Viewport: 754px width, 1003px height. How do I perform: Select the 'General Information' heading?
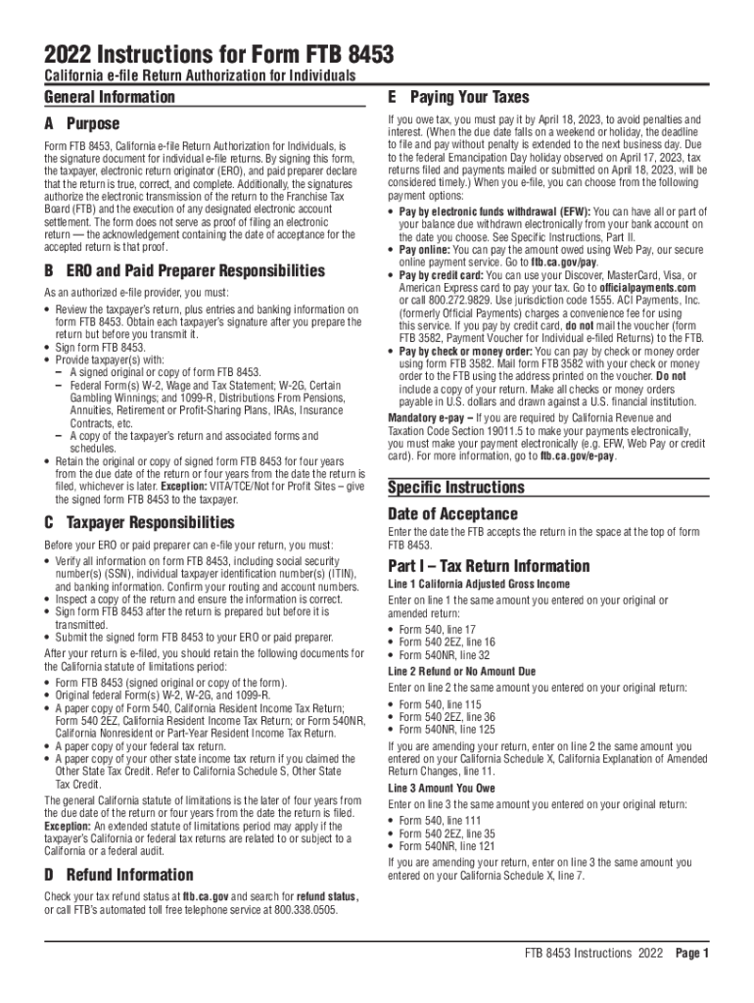pyautogui.click(x=109, y=97)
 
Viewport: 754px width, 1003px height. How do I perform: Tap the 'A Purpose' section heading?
pyautogui.click(x=81, y=124)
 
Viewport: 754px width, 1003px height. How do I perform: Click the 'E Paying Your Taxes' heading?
pyautogui.click(x=458, y=97)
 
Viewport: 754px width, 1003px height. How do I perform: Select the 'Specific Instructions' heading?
pyautogui.click(x=456, y=488)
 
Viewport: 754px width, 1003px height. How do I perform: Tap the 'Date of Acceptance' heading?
pyautogui.click(x=452, y=514)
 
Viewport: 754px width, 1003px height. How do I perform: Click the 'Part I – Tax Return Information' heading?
pyautogui.click(x=489, y=566)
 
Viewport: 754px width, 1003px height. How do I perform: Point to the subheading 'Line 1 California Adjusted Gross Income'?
pyautogui.click(x=479, y=584)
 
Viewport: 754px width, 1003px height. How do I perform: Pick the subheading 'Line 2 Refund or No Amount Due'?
pyautogui.click(x=462, y=671)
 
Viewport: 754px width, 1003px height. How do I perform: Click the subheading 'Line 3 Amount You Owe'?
pyautogui.click(x=441, y=787)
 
